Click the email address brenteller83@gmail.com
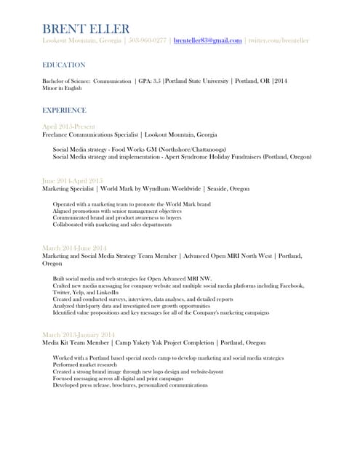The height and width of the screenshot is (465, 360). tap(207, 41)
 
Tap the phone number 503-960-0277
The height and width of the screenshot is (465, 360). tap(148, 41)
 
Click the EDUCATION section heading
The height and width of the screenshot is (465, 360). tap(64, 65)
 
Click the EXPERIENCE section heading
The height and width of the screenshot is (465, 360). tap(64, 110)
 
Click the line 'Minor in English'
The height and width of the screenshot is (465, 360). tap(63, 88)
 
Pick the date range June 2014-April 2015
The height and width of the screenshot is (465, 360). tap(72, 180)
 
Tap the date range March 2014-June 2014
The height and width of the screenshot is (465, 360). tap(74, 248)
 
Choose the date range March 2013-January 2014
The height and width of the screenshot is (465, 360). tap(79, 333)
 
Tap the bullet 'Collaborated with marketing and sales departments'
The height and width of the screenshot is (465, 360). tap(112, 225)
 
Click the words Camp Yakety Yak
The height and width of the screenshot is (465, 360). tap(144, 342)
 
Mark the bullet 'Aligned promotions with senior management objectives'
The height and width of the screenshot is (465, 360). tap(118, 211)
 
